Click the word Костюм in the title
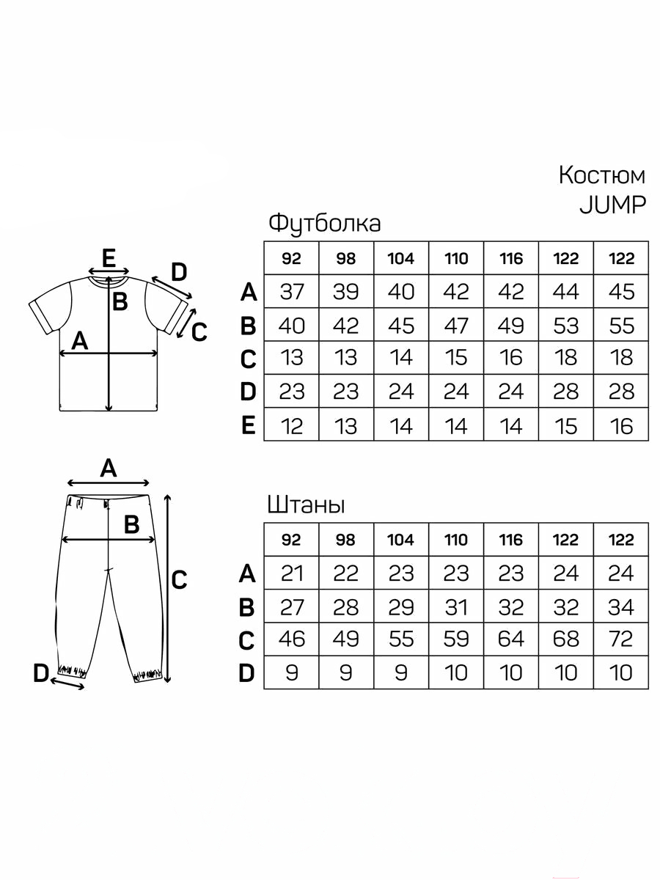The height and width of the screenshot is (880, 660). point(601,175)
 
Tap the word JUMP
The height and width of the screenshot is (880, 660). point(613,205)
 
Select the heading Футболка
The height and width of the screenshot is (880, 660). point(324,224)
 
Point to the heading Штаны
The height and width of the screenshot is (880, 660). point(306,505)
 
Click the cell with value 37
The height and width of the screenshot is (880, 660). point(291,291)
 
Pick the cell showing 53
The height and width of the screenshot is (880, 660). point(566,325)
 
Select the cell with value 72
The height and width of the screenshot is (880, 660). point(620,639)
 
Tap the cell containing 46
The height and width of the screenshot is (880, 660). point(291,639)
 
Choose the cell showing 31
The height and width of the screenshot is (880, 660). point(456,606)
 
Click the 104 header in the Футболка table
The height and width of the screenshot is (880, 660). point(401,258)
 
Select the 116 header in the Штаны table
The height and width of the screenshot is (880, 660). point(511,540)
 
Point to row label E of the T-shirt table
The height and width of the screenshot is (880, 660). point(249,425)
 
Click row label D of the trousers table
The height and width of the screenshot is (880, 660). point(247,673)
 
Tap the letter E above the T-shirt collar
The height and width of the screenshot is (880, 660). point(109,258)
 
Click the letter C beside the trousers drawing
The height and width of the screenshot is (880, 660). point(179,580)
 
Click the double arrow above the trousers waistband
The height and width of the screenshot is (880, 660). point(109,483)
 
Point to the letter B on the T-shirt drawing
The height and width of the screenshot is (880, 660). point(120,301)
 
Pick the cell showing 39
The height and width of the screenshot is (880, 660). point(346,291)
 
